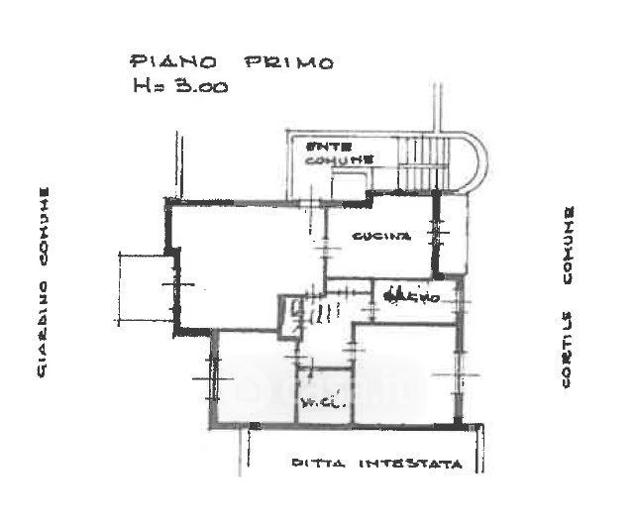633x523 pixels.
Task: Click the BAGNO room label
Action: [404, 295]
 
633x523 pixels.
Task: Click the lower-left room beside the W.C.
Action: [253, 381]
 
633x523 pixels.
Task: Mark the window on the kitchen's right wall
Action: [436, 234]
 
